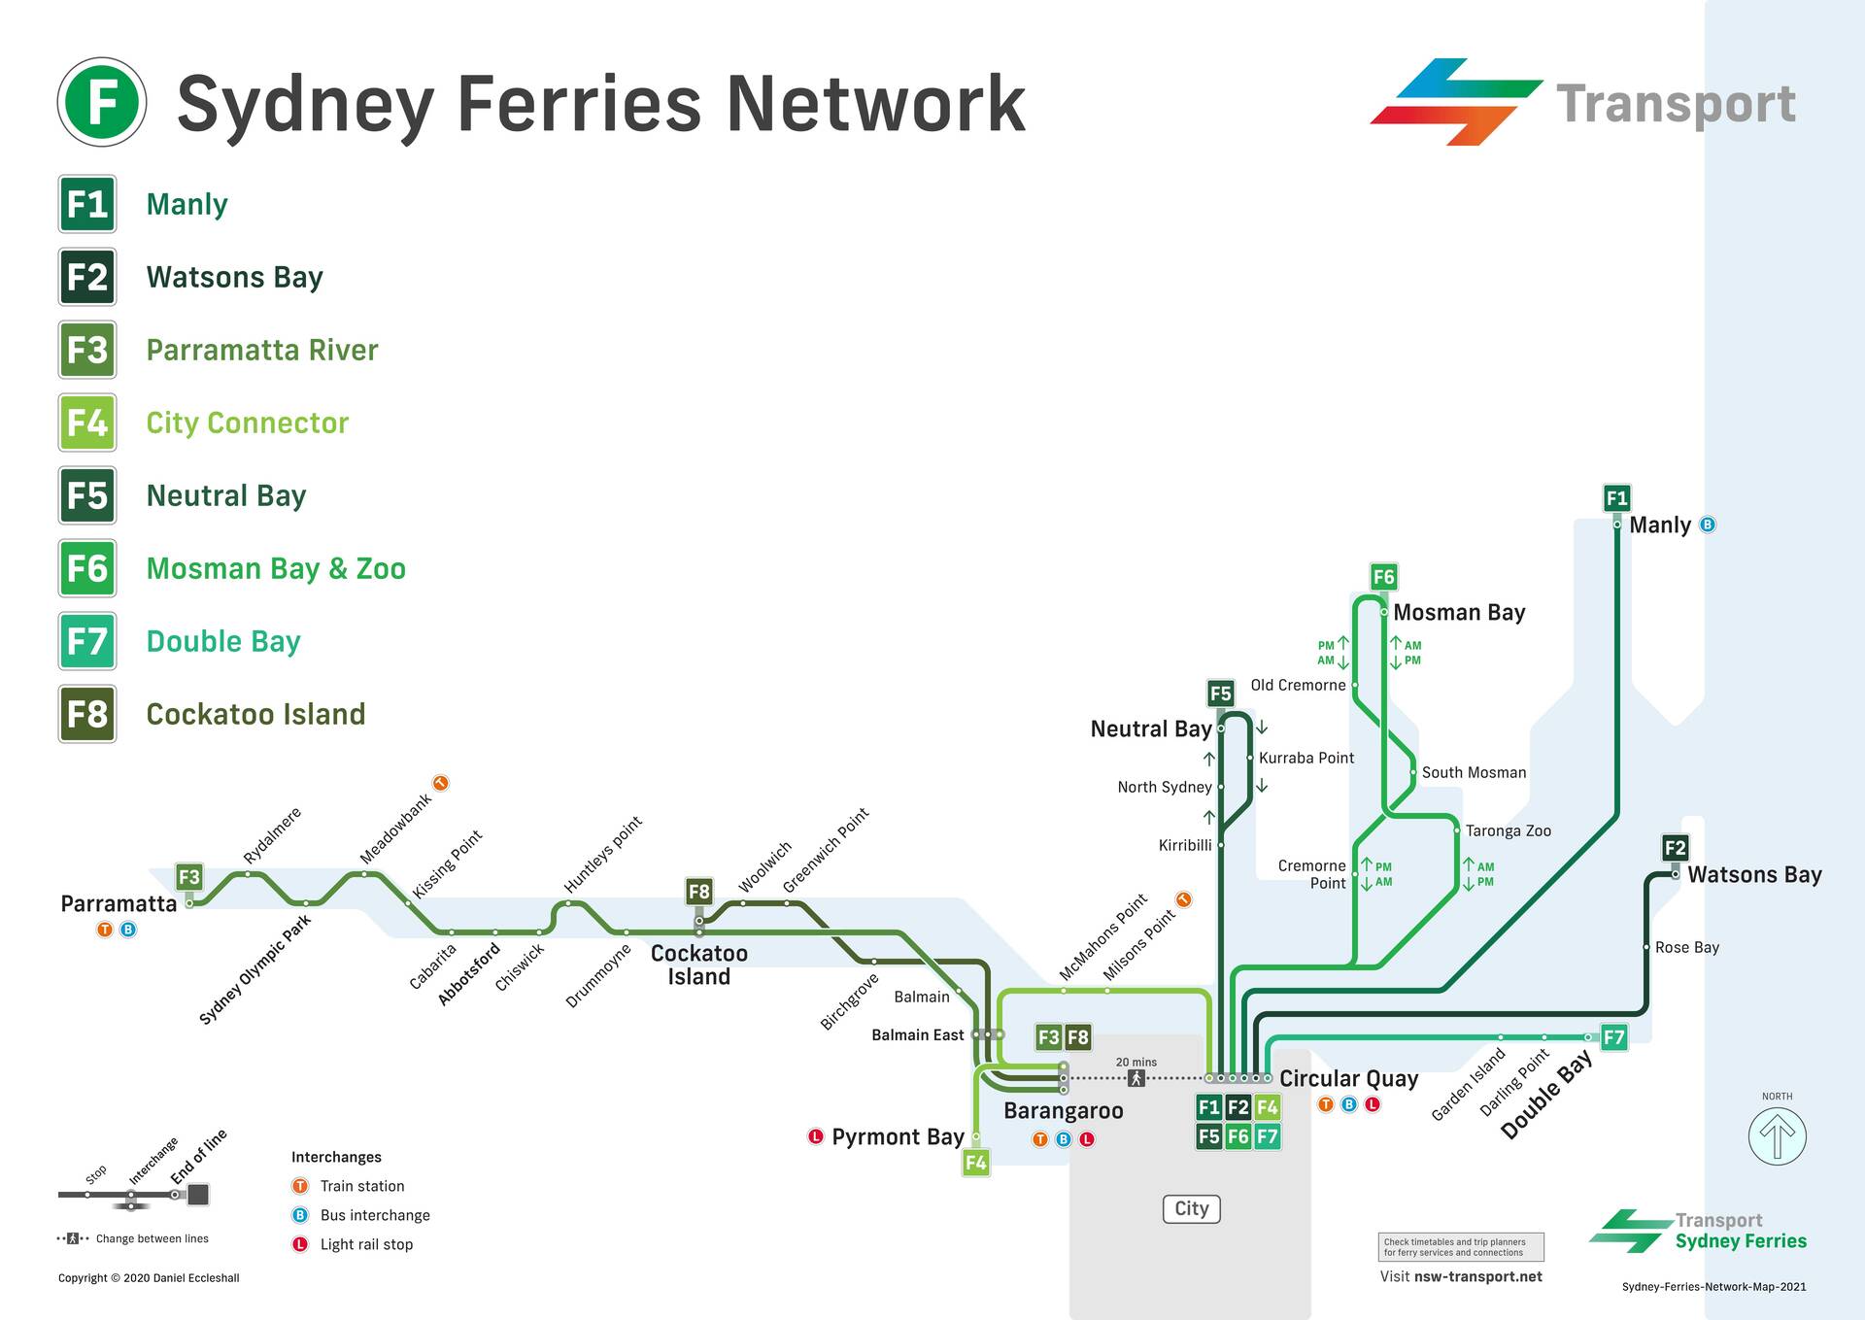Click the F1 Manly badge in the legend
point(87,204)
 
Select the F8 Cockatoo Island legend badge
point(87,714)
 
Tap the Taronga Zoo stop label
point(1508,830)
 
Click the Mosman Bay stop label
point(1459,612)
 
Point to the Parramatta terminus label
point(119,903)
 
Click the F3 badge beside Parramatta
point(189,877)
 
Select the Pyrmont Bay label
point(897,1136)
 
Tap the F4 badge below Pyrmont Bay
point(975,1162)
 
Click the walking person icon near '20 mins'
point(1136,1078)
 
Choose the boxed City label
point(1191,1208)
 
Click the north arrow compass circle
point(1777,1135)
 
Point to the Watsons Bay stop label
point(1754,874)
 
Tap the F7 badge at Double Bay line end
point(1613,1037)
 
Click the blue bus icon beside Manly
point(1708,525)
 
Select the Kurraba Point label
point(1305,758)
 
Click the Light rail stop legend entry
point(365,1244)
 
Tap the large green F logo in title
point(102,102)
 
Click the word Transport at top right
point(1676,103)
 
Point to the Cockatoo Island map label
point(698,965)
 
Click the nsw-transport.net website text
point(1477,1276)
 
